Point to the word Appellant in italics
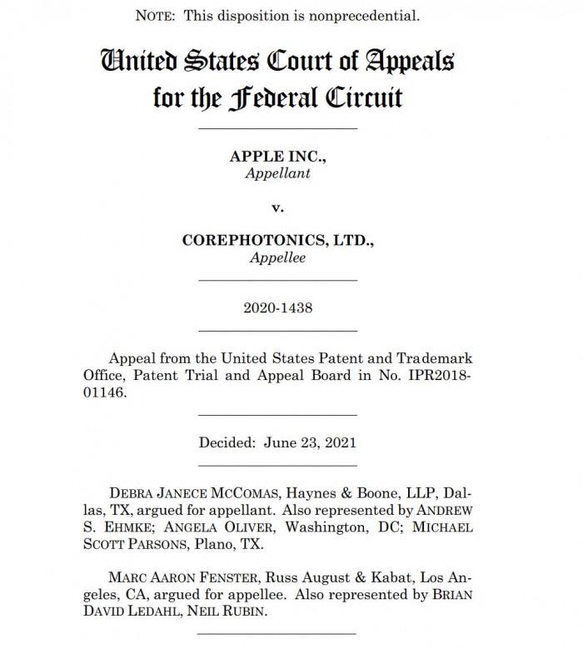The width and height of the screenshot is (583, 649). point(277,174)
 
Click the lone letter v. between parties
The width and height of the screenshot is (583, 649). point(277,207)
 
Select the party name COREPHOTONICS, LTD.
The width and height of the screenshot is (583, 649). point(277,241)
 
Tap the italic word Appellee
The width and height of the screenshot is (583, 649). point(277,257)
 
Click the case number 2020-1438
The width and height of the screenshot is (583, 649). point(277,307)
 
